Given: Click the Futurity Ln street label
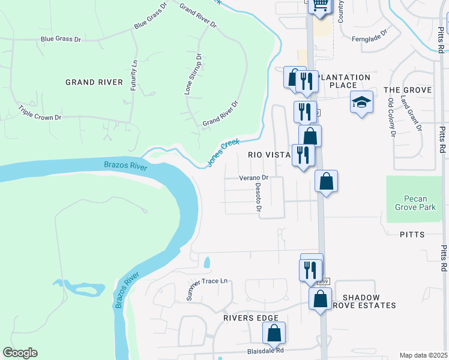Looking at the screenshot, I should coord(134,71).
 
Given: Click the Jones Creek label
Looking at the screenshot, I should coord(223,152).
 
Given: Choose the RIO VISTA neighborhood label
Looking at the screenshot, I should coord(270,155).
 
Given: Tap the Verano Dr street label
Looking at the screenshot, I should coord(253,178).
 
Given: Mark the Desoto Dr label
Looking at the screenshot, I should coord(258,197).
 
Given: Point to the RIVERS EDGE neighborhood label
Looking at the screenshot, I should coord(250,318).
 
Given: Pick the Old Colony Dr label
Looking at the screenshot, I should coord(391,118).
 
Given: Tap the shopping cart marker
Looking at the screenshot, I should coord(321,5).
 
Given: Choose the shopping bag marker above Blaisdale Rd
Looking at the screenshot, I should coord(274,332).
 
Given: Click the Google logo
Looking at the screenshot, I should coord(20,353).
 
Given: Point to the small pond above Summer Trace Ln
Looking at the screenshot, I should coord(207,262).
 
